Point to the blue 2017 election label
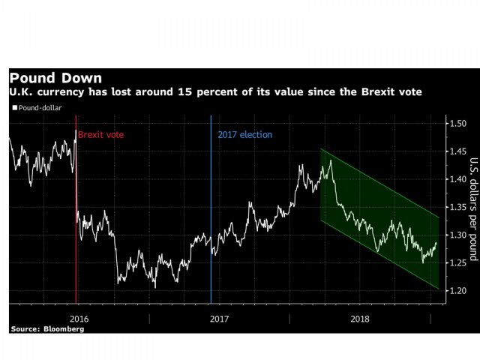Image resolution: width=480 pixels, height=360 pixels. pos(244,134)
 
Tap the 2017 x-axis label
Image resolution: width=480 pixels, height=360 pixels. pos(219,318)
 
